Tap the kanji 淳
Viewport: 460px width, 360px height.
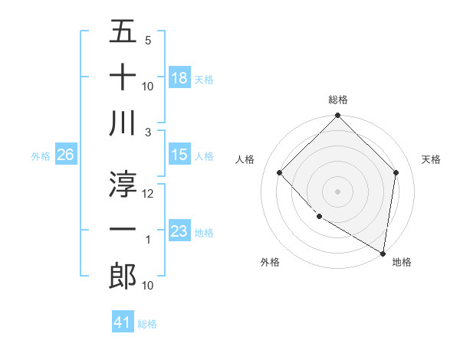123,182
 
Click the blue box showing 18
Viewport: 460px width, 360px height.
179,77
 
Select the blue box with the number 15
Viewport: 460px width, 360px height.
179,155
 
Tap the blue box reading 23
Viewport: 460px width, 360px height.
179,231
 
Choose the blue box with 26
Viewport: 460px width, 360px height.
66,155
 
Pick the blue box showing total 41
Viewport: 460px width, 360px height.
123,322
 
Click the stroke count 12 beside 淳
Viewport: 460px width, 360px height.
148,194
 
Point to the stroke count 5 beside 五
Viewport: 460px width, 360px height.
148,40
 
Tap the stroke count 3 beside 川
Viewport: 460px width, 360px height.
149,132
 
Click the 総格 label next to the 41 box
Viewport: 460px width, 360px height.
148,324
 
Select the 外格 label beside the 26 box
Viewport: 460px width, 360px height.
41,156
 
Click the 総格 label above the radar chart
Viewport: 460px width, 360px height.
337,100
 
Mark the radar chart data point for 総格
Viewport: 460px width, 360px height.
337,116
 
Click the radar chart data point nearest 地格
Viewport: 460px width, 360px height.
383,252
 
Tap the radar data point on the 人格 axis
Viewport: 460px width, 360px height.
280,172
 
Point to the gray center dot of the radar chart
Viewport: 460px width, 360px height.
337,191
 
